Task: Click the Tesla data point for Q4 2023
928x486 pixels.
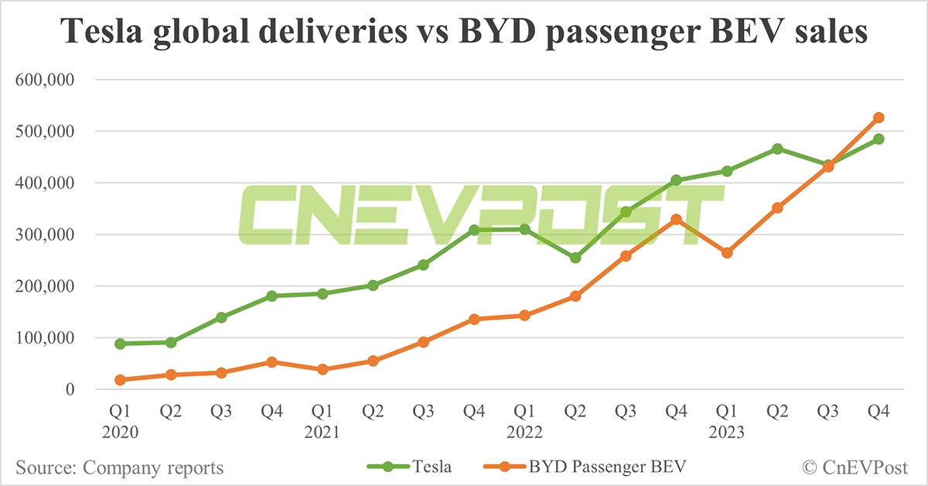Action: tap(879, 139)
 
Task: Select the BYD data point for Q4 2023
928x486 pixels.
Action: tap(879, 118)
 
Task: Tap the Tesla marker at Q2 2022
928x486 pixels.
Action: tap(575, 258)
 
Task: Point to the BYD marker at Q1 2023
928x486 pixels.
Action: tap(727, 253)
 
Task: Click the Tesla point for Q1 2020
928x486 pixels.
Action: tap(120, 344)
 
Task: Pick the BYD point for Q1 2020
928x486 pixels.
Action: tap(120, 380)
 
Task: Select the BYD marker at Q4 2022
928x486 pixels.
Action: tap(677, 219)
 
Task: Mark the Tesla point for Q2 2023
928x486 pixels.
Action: tap(777, 149)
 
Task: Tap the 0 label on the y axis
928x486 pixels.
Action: tap(70, 390)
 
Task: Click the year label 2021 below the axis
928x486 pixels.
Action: tap(322, 433)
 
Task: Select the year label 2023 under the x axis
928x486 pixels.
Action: tap(727, 433)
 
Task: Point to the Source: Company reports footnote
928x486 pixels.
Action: tap(119, 467)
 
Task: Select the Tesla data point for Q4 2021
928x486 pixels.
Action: tap(474, 231)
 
